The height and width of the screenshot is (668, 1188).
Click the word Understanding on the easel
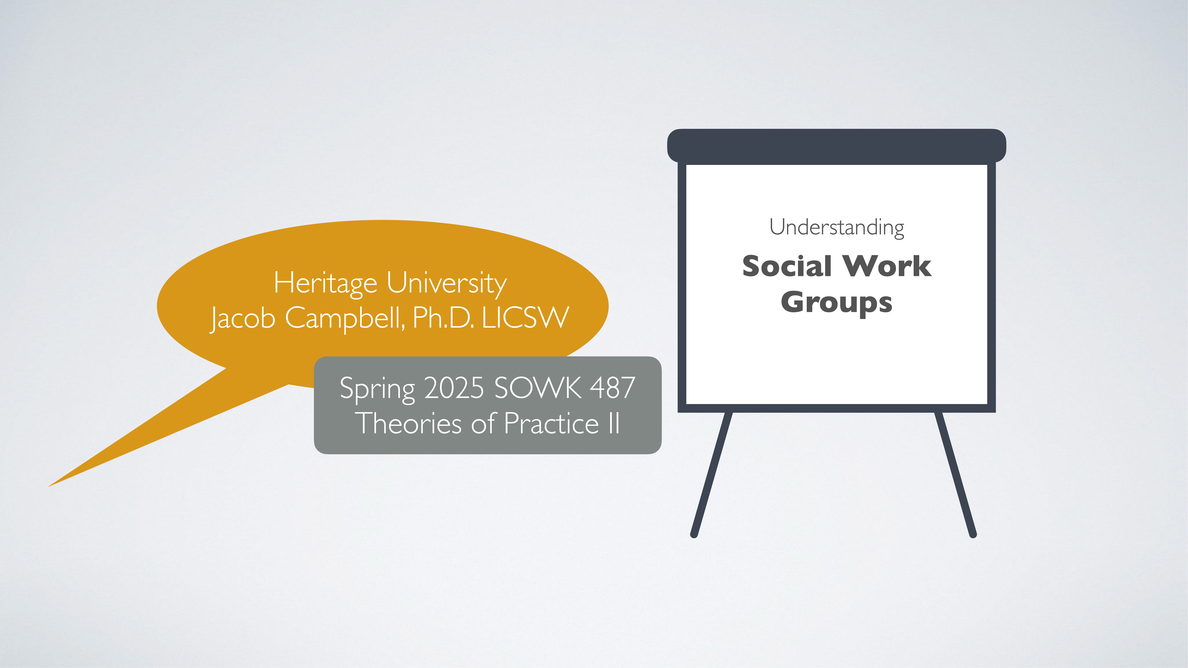(837, 227)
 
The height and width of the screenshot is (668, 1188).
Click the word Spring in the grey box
(377, 389)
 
